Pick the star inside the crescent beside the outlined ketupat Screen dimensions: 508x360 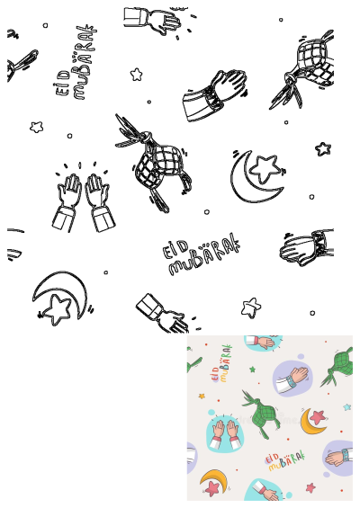click(x=265, y=166)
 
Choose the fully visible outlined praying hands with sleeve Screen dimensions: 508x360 click(x=216, y=93)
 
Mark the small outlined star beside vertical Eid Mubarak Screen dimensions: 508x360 click(x=137, y=74)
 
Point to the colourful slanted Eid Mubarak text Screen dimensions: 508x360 click(x=285, y=461)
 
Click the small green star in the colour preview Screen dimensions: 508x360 click(x=252, y=369)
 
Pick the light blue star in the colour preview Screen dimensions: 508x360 click(x=346, y=407)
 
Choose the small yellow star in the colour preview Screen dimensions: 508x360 click(x=202, y=396)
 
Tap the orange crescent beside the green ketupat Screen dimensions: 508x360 click(x=311, y=421)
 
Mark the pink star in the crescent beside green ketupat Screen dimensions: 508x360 click(x=318, y=415)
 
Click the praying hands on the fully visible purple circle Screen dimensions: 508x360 click(x=292, y=379)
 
